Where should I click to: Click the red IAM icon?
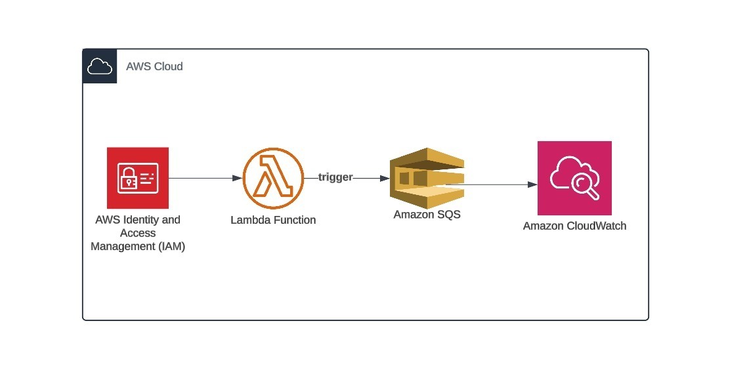[x=138, y=178]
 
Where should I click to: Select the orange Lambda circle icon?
[x=273, y=178]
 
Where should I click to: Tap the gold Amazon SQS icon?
[x=427, y=178]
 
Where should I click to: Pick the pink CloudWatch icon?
[x=574, y=178]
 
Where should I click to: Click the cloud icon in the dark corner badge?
[x=100, y=66]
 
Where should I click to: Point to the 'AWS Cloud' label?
[x=154, y=66]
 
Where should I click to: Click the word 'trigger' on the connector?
[x=335, y=177]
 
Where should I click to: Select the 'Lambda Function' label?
[x=273, y=220]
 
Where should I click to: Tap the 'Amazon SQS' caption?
[x=427, y=214]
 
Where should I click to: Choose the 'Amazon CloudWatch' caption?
[x=574, y=226]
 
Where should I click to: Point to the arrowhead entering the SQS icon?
[x=385, y=178]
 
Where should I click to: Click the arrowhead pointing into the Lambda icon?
[x=238, y=178]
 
